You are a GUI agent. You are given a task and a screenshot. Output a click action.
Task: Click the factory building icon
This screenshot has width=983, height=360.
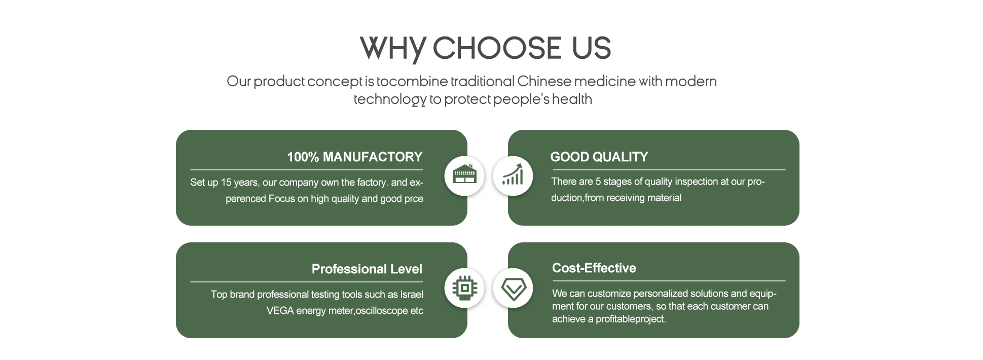tap(464, 175)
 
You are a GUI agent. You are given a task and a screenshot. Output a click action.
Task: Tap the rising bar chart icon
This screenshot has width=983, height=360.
tap(513, 175)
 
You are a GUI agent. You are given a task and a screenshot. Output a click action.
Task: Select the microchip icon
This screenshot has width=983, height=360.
tap(464, 288)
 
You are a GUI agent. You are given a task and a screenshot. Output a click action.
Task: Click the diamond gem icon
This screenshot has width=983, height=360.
tap(513, 288)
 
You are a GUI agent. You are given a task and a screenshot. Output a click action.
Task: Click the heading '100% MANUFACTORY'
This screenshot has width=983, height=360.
tap(354, 157)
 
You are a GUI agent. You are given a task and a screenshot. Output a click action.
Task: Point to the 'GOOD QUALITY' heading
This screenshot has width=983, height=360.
tap(599, 157)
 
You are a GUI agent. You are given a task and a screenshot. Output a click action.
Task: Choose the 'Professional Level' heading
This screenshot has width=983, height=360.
tap(367, 269)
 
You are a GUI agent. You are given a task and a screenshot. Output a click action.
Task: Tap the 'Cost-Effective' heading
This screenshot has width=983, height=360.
tap(594, 268)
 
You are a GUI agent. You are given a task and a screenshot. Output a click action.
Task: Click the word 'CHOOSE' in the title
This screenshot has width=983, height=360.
tap(497, 49)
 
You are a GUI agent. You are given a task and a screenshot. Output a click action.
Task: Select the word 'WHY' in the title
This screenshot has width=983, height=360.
tap(392, 49)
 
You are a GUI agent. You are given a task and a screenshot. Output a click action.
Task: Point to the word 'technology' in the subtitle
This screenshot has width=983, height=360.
tap(390, 99)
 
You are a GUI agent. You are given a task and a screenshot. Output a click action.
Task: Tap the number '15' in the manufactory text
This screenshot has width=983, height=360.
tap(226, 183)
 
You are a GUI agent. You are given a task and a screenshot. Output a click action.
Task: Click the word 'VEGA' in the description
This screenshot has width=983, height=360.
tap(280, 311)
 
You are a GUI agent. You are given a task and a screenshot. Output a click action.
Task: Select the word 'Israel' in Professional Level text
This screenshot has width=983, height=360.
tap(411, 295)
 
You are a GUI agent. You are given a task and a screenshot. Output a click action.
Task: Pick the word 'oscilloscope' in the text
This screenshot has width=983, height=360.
tap(381, 311)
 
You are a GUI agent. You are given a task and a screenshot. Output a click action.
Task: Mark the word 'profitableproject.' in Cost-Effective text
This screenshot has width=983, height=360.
tap(631, 319)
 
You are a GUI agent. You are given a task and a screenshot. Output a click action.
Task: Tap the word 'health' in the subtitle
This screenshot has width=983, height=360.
tap(572, 99)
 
